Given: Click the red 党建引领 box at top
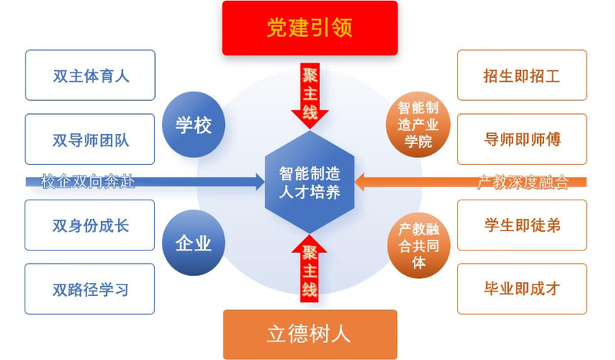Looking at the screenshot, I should click(309, 28).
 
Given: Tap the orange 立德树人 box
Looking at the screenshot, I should click(309, 334).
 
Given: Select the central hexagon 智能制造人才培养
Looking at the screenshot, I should click(309, 182).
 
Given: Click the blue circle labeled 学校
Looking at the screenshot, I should click(193, 125).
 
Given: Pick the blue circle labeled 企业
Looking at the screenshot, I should click(193, 243).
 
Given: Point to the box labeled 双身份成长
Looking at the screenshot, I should click(90, 225).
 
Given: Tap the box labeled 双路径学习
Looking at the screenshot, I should click(90, 289).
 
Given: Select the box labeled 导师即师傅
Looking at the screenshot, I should click(522, 140).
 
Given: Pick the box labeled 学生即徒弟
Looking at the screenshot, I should click(522, 225).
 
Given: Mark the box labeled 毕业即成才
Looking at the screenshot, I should click(522, 289).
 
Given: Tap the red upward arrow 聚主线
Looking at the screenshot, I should click(309, 270).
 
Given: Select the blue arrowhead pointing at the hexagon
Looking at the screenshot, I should click(257, 183).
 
